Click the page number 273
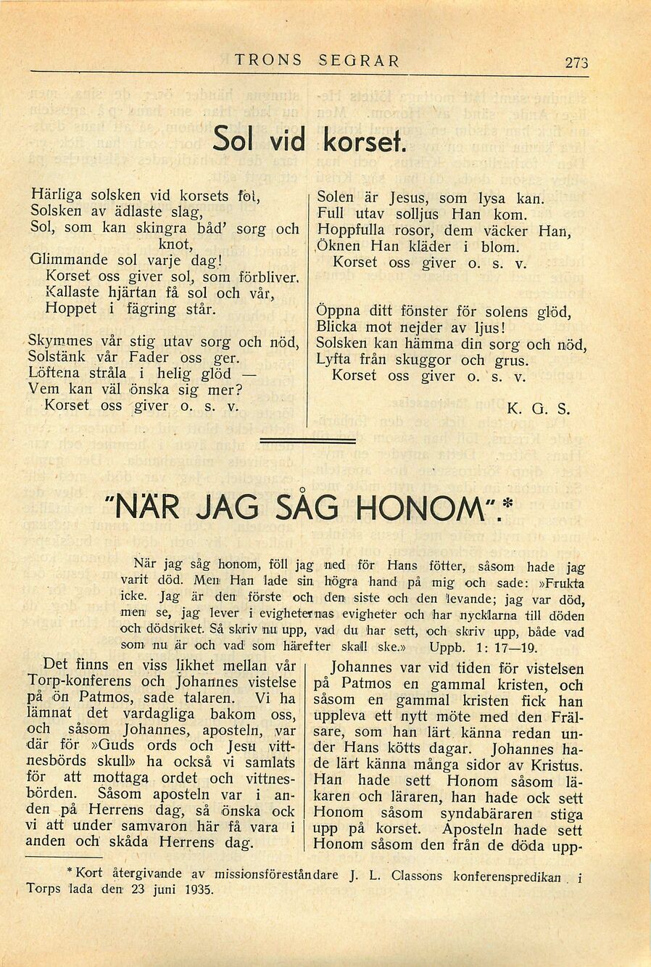[x=576, y=62]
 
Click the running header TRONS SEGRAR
[x=317, y=61]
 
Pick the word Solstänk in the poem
[x=57, y=357]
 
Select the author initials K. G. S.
[x=539, y=409]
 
